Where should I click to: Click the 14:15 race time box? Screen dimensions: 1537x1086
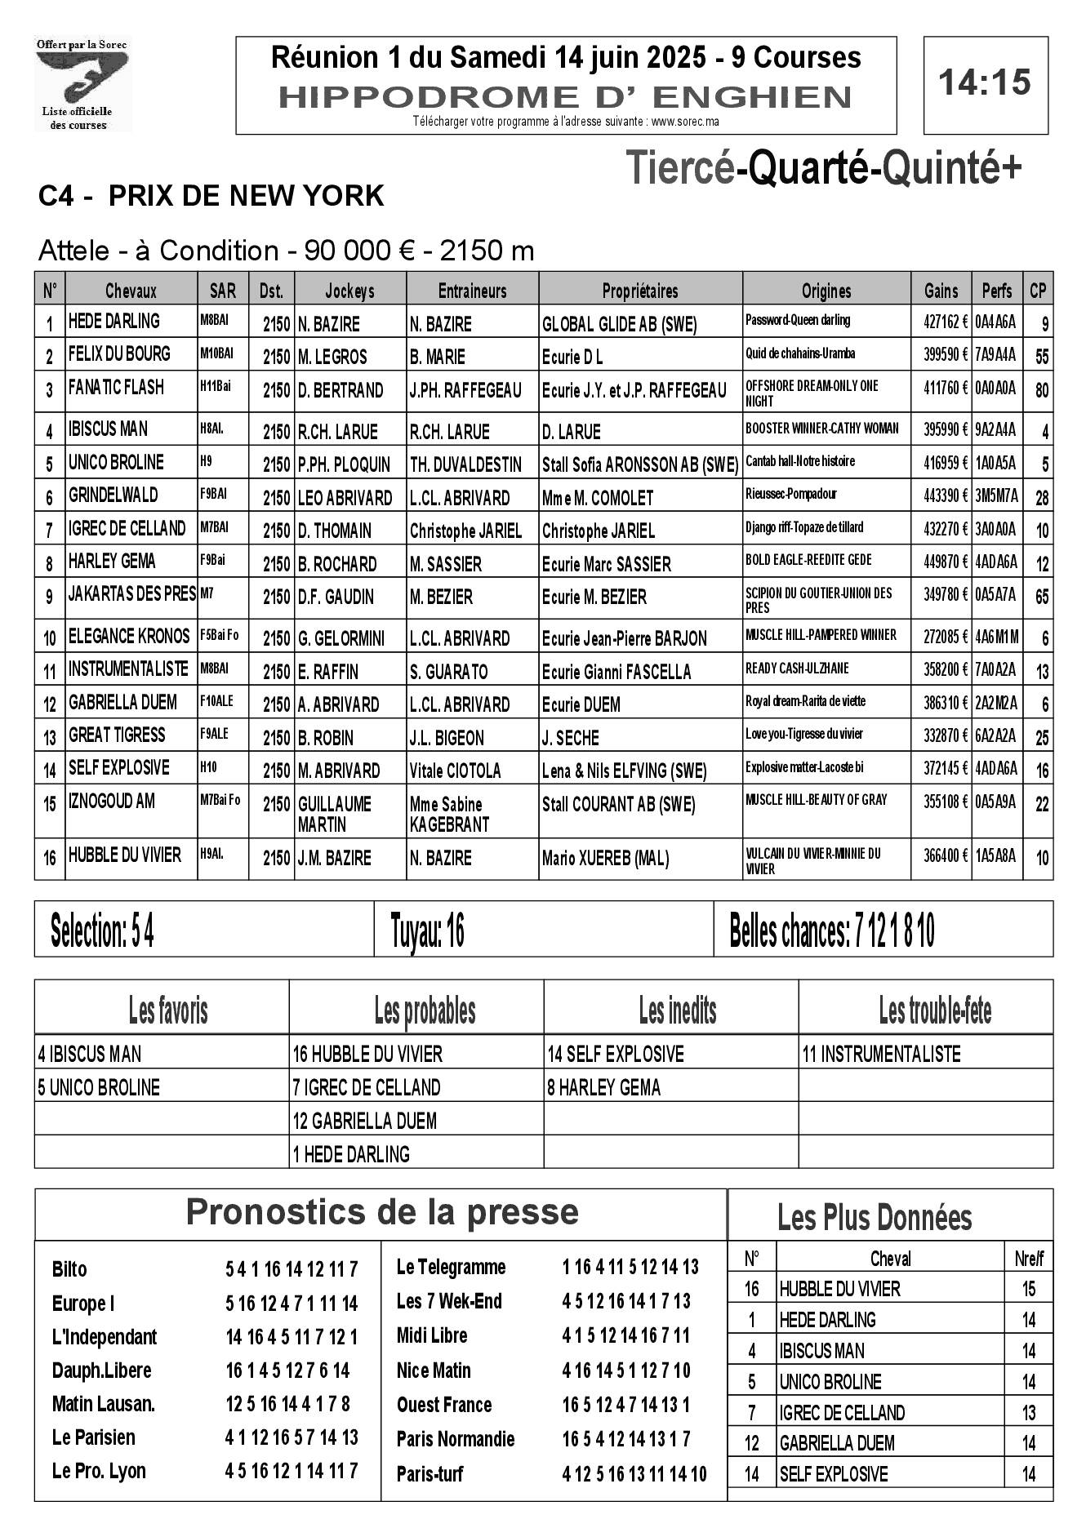[985, 83]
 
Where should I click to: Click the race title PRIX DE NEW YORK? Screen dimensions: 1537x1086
[245, 196]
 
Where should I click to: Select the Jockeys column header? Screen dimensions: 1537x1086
[349, 291]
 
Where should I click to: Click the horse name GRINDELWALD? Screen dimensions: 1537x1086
[113, 495]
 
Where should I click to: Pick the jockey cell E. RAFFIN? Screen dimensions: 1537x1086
[328, 672]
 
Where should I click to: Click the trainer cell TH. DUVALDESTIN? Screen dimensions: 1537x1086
[465, 464]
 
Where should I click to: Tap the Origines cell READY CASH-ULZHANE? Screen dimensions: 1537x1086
[797, 668]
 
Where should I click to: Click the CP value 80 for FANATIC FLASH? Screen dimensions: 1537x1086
[1041, 390]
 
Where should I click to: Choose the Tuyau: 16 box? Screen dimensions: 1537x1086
[428, 931]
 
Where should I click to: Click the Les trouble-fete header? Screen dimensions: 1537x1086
[934, 1011]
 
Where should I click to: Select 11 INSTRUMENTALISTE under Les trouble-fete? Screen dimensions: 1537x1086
[881, 1055]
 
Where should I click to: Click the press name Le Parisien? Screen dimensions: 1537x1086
[93, 1437]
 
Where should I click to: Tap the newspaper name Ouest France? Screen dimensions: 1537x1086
[444, 1405]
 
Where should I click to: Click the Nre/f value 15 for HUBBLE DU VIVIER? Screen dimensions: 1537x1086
[1028, 1289]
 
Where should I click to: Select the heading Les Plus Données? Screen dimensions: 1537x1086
[874, 1218]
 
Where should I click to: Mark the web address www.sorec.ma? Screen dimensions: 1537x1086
[685, 122]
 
